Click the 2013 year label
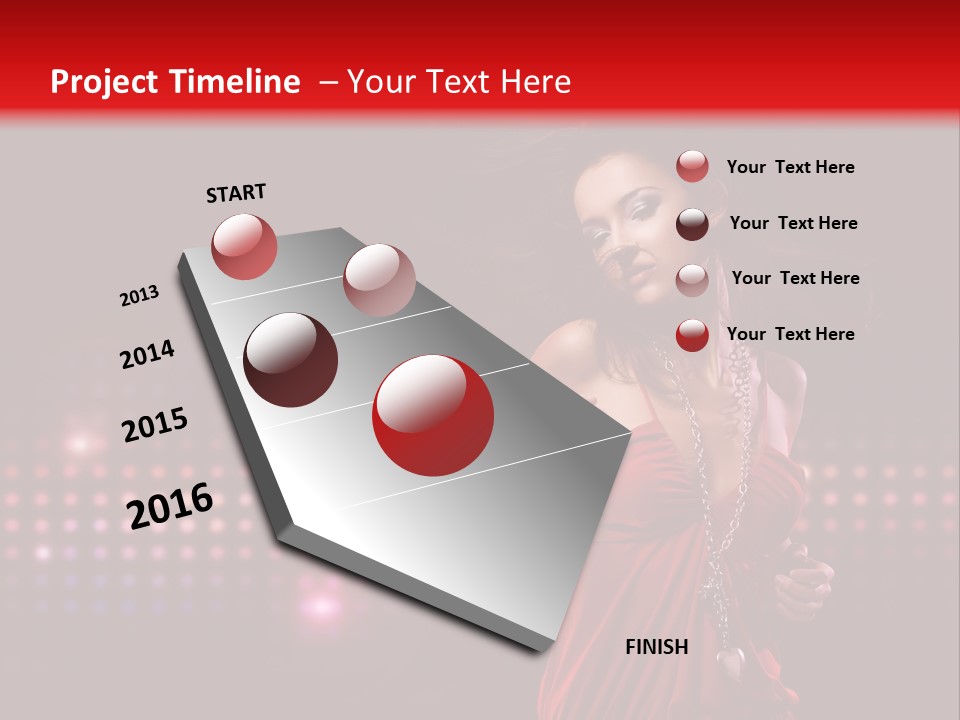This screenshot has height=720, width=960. pos(139,296)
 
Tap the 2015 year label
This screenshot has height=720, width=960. pos(155,425)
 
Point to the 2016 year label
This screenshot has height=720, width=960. pos(170,505)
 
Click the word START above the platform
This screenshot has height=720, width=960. pos(236,193)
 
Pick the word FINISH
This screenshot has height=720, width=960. pos(657,647)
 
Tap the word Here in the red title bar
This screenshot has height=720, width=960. pos(535,82)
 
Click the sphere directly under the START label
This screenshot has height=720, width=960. pos(244,246)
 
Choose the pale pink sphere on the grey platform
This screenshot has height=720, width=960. pos(379,280)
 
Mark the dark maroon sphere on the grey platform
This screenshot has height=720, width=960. pos(291,360)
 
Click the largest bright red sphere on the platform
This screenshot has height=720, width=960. pos(433,415)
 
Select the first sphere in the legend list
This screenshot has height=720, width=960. pos(692,167)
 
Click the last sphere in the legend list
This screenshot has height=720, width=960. pos(692,335)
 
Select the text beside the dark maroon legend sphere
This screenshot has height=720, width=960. pos(793,223)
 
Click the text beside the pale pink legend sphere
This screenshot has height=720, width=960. pos(795,278)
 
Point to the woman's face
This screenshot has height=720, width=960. pos(625,225)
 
